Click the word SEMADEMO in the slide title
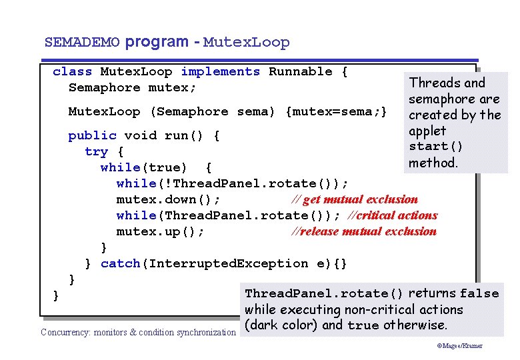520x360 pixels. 82,43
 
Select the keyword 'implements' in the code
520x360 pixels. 220,72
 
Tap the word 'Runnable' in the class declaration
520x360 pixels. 300,72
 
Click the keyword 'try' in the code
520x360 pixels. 96,151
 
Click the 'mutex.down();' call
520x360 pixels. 168,199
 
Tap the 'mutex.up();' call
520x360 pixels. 160,231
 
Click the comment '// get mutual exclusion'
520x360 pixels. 355,199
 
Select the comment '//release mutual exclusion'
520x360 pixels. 364,231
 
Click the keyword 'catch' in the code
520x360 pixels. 120,263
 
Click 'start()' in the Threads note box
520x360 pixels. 436,147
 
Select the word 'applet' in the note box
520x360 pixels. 427,131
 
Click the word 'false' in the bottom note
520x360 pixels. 479,293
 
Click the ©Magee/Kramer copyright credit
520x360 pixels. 460,346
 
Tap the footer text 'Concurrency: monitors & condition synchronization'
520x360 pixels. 138,332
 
